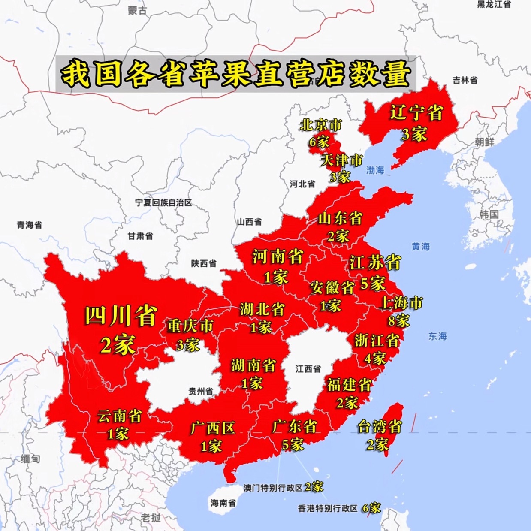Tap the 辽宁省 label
click(x=416, y=113)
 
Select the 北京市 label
click(x=321, y=125)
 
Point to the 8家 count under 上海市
click(x=399, y=320)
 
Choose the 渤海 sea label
click(x=375, y=170)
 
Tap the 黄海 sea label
click(x=420, y=247)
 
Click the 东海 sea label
click(x=437, y=337)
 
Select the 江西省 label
click(x=308, y=369)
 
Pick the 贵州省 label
click(x=201, y=391)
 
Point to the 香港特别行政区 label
click(x=328, y=509)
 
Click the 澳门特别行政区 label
click(x=273, y=488)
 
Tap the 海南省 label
click(x=223, y=503)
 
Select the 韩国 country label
click(x=489, y=214)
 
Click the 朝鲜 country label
click(x=485, y=142)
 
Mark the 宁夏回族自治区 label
click(x=163, y=203)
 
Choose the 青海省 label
click(x=30, y=225)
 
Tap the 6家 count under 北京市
click(x=319, y=142)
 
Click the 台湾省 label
click(x=380, y=427)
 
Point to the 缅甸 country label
click(x=30, y=459)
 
